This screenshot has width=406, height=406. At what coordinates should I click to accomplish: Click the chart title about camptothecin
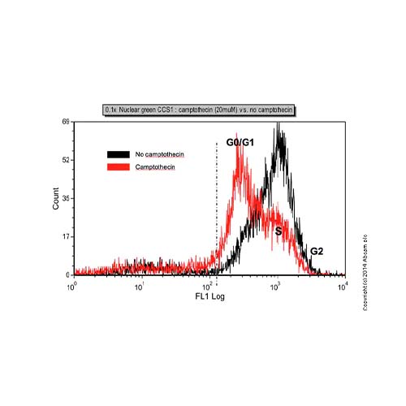[x=199, y=108]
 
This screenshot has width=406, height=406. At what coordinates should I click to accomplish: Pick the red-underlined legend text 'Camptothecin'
[x=155, y=166]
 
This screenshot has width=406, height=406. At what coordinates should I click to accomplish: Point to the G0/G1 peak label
[x=240, y=143]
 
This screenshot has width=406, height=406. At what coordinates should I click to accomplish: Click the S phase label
[x=278, y=231]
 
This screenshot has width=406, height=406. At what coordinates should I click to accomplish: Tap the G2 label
[x=317, y=252]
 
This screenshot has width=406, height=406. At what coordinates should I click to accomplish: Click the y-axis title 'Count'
[x=56, y=200]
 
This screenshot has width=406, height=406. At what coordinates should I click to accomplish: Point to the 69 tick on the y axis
[x=66, y=122]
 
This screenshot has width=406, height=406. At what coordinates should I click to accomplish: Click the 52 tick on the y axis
[x=66, y=160]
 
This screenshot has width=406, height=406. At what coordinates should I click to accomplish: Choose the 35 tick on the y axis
[x=66, y=197]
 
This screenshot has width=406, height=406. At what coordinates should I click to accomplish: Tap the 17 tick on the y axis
[x=66, y=237]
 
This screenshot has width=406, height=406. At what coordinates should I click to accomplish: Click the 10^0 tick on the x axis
[x=74, y=285]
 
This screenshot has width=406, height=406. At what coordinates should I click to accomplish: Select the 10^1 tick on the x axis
[x=141, y=285]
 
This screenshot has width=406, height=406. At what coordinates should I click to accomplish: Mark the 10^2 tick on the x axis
[x=209, y=285]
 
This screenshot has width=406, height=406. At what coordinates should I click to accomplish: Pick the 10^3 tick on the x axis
[x=276, y=285]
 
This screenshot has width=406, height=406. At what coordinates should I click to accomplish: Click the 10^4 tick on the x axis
[x=343, y=285]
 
